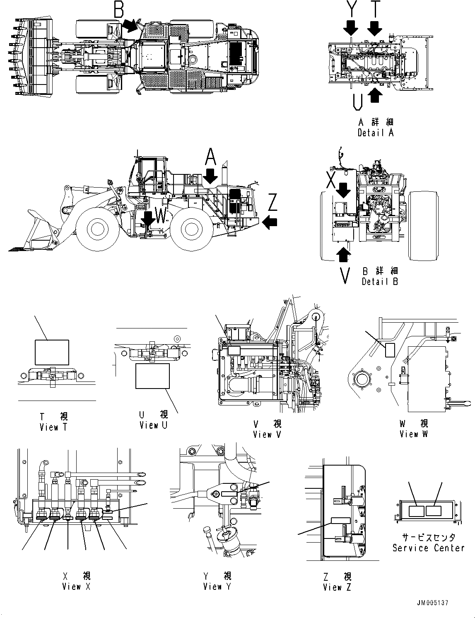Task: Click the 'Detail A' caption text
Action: coord(375,133)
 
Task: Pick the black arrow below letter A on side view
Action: coord(210,176)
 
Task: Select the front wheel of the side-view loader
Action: coord(96,229)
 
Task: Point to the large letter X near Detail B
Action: coord(332,181)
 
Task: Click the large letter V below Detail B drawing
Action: coord(344,276)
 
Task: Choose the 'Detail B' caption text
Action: coord(379,282)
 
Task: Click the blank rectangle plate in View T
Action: coord(52,352)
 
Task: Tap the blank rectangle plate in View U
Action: coord(152,376)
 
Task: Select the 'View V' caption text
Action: coord(267,435)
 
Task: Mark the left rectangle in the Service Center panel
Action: coord(416,511)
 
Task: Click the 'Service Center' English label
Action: coord(428,548)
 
